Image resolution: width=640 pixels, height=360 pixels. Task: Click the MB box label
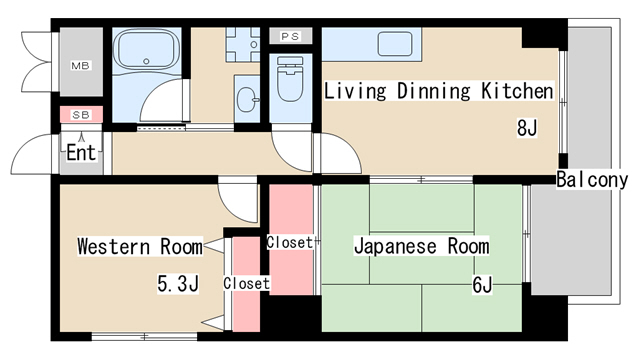(79, 66)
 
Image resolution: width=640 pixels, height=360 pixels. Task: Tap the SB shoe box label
(79, 115)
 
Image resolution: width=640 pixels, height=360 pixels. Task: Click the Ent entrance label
(81, 154)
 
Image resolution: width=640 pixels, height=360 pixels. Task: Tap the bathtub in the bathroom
(145, 50)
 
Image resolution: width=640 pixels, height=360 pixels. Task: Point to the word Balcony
(592, 181)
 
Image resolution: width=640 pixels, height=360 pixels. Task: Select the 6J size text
(482, 285)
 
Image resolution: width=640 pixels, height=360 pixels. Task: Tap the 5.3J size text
(178, 284)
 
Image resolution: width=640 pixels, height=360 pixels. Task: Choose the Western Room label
(139, 246)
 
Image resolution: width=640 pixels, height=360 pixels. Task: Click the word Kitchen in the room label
(517, 92)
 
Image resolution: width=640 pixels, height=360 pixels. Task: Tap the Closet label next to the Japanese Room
(290, 241)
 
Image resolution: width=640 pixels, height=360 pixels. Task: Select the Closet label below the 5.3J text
(246, 283)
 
